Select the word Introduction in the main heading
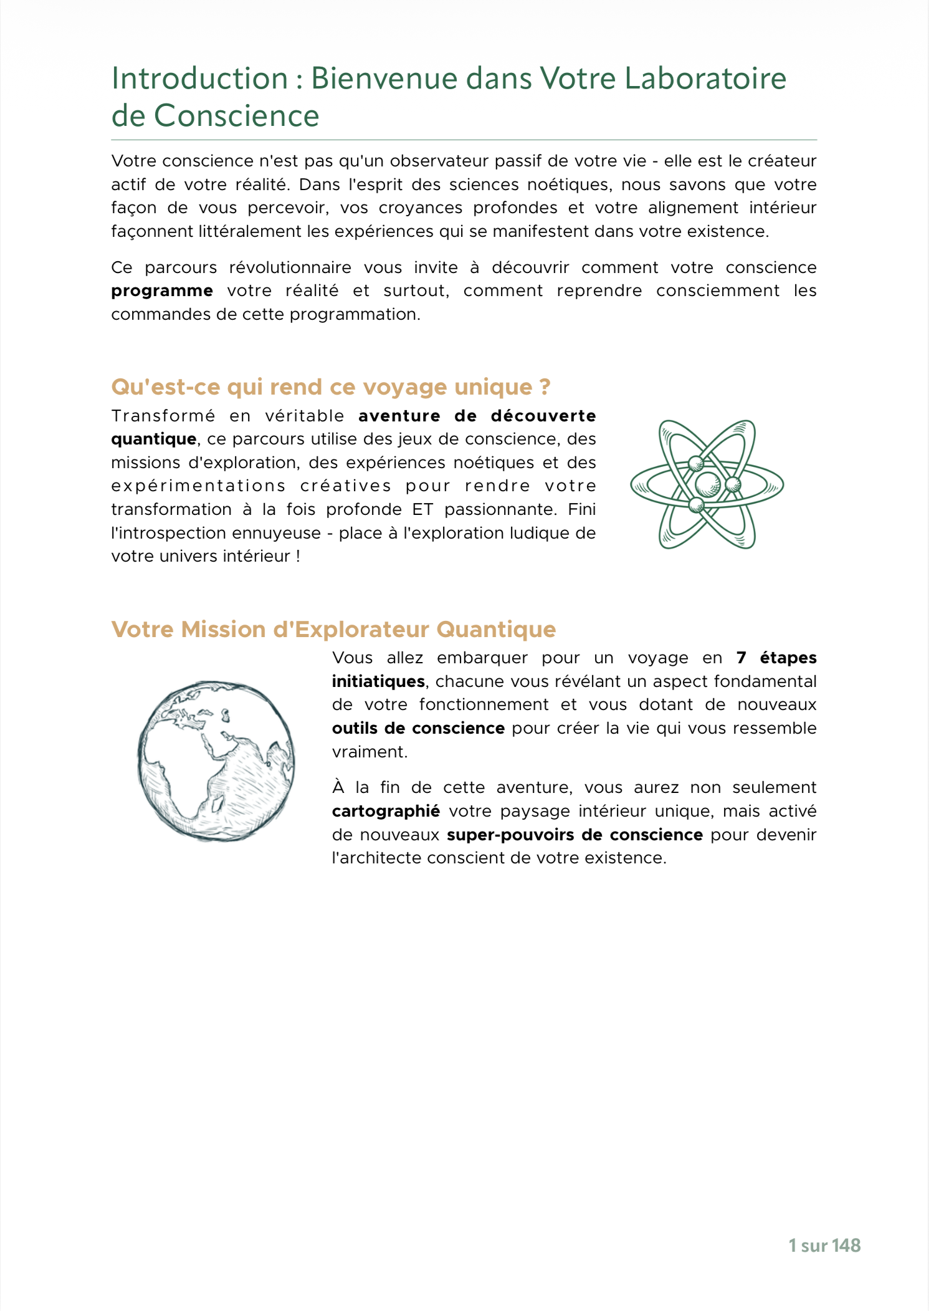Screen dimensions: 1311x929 pos(199,79)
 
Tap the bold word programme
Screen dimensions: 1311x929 pos(162,291)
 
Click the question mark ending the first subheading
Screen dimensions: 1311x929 pos(545,387)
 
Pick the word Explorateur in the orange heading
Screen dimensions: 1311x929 pos(364,630)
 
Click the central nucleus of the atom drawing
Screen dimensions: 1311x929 pos(708,484)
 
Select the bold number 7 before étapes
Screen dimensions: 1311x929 pos(741,658)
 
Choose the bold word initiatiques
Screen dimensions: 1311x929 pos(378,681)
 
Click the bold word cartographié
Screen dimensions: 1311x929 pos(386,812)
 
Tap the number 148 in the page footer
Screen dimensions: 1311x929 pos(846,1246)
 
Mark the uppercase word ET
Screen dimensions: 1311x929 pos(422,510)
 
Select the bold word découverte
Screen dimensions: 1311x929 pos(543,416)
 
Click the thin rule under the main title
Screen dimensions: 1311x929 pos(464,140)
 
